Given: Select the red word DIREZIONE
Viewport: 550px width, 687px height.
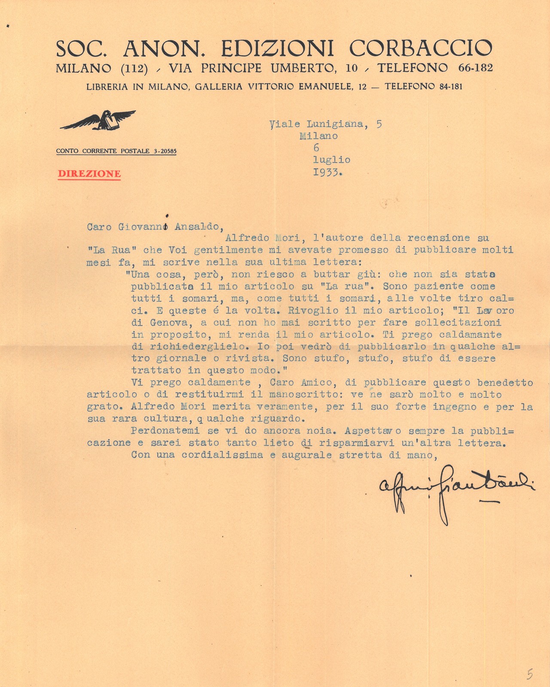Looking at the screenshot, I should [89, 174].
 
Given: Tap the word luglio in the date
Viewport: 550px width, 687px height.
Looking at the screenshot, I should [331, 160].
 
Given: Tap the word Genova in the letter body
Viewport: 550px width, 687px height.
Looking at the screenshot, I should [169, 322].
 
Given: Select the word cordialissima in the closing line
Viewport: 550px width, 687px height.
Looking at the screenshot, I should [222, 455].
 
